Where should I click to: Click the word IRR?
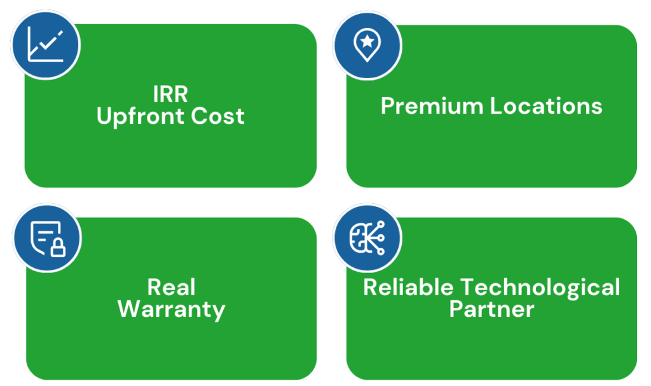[x=170, y=94]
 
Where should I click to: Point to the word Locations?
[x=546, y=106]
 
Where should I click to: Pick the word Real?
[x=171, y=287]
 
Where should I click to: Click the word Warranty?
[x=171, y=309]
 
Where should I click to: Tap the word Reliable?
[x=408, y=287]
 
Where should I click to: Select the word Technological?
[x=540, y=287]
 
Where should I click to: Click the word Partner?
[x=491, y=309]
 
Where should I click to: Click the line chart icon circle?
[x=45, y=44]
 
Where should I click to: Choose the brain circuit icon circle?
[x=367, y=237]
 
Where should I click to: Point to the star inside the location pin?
[x=367, y=41]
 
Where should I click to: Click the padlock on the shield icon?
[x=58, y=247]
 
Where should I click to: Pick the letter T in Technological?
[x=469, y=287]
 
